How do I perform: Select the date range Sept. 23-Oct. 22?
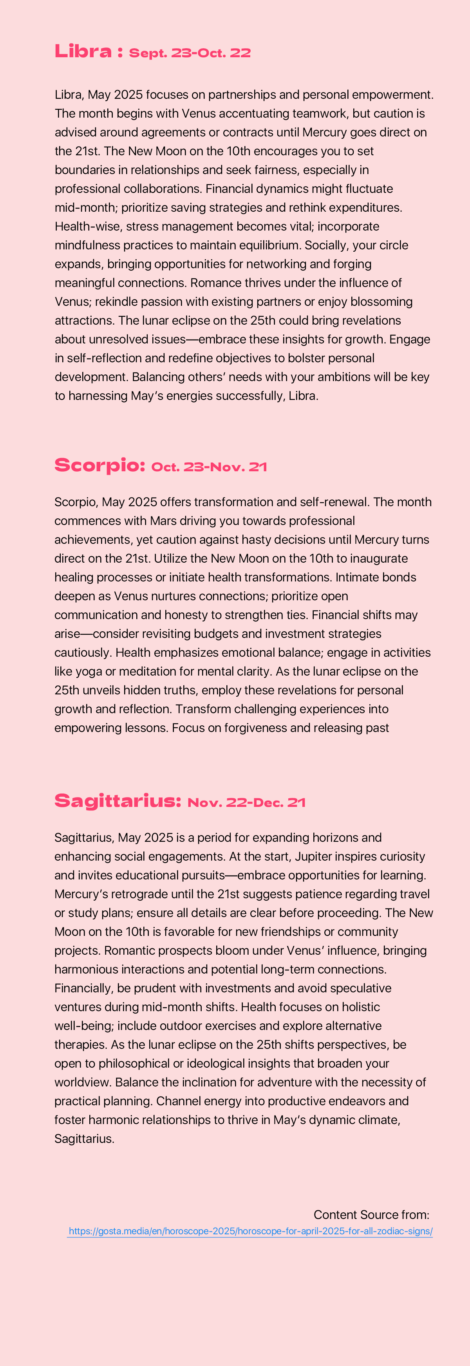coord(190,53)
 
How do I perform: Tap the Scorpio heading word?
coord(99,465)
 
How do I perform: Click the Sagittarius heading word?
coord(117,801)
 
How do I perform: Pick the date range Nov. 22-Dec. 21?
coord(246,802)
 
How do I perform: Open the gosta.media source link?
coord(250,1231)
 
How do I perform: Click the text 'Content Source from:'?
coord(371,1214)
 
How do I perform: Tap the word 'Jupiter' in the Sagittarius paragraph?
coord(314,856)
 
